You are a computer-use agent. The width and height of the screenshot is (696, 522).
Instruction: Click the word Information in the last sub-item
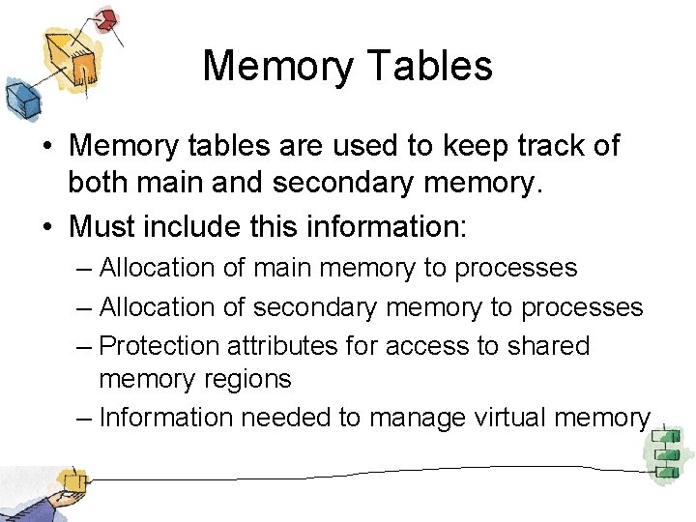(165, 417)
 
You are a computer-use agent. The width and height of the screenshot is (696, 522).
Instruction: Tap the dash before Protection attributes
(83, 346)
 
